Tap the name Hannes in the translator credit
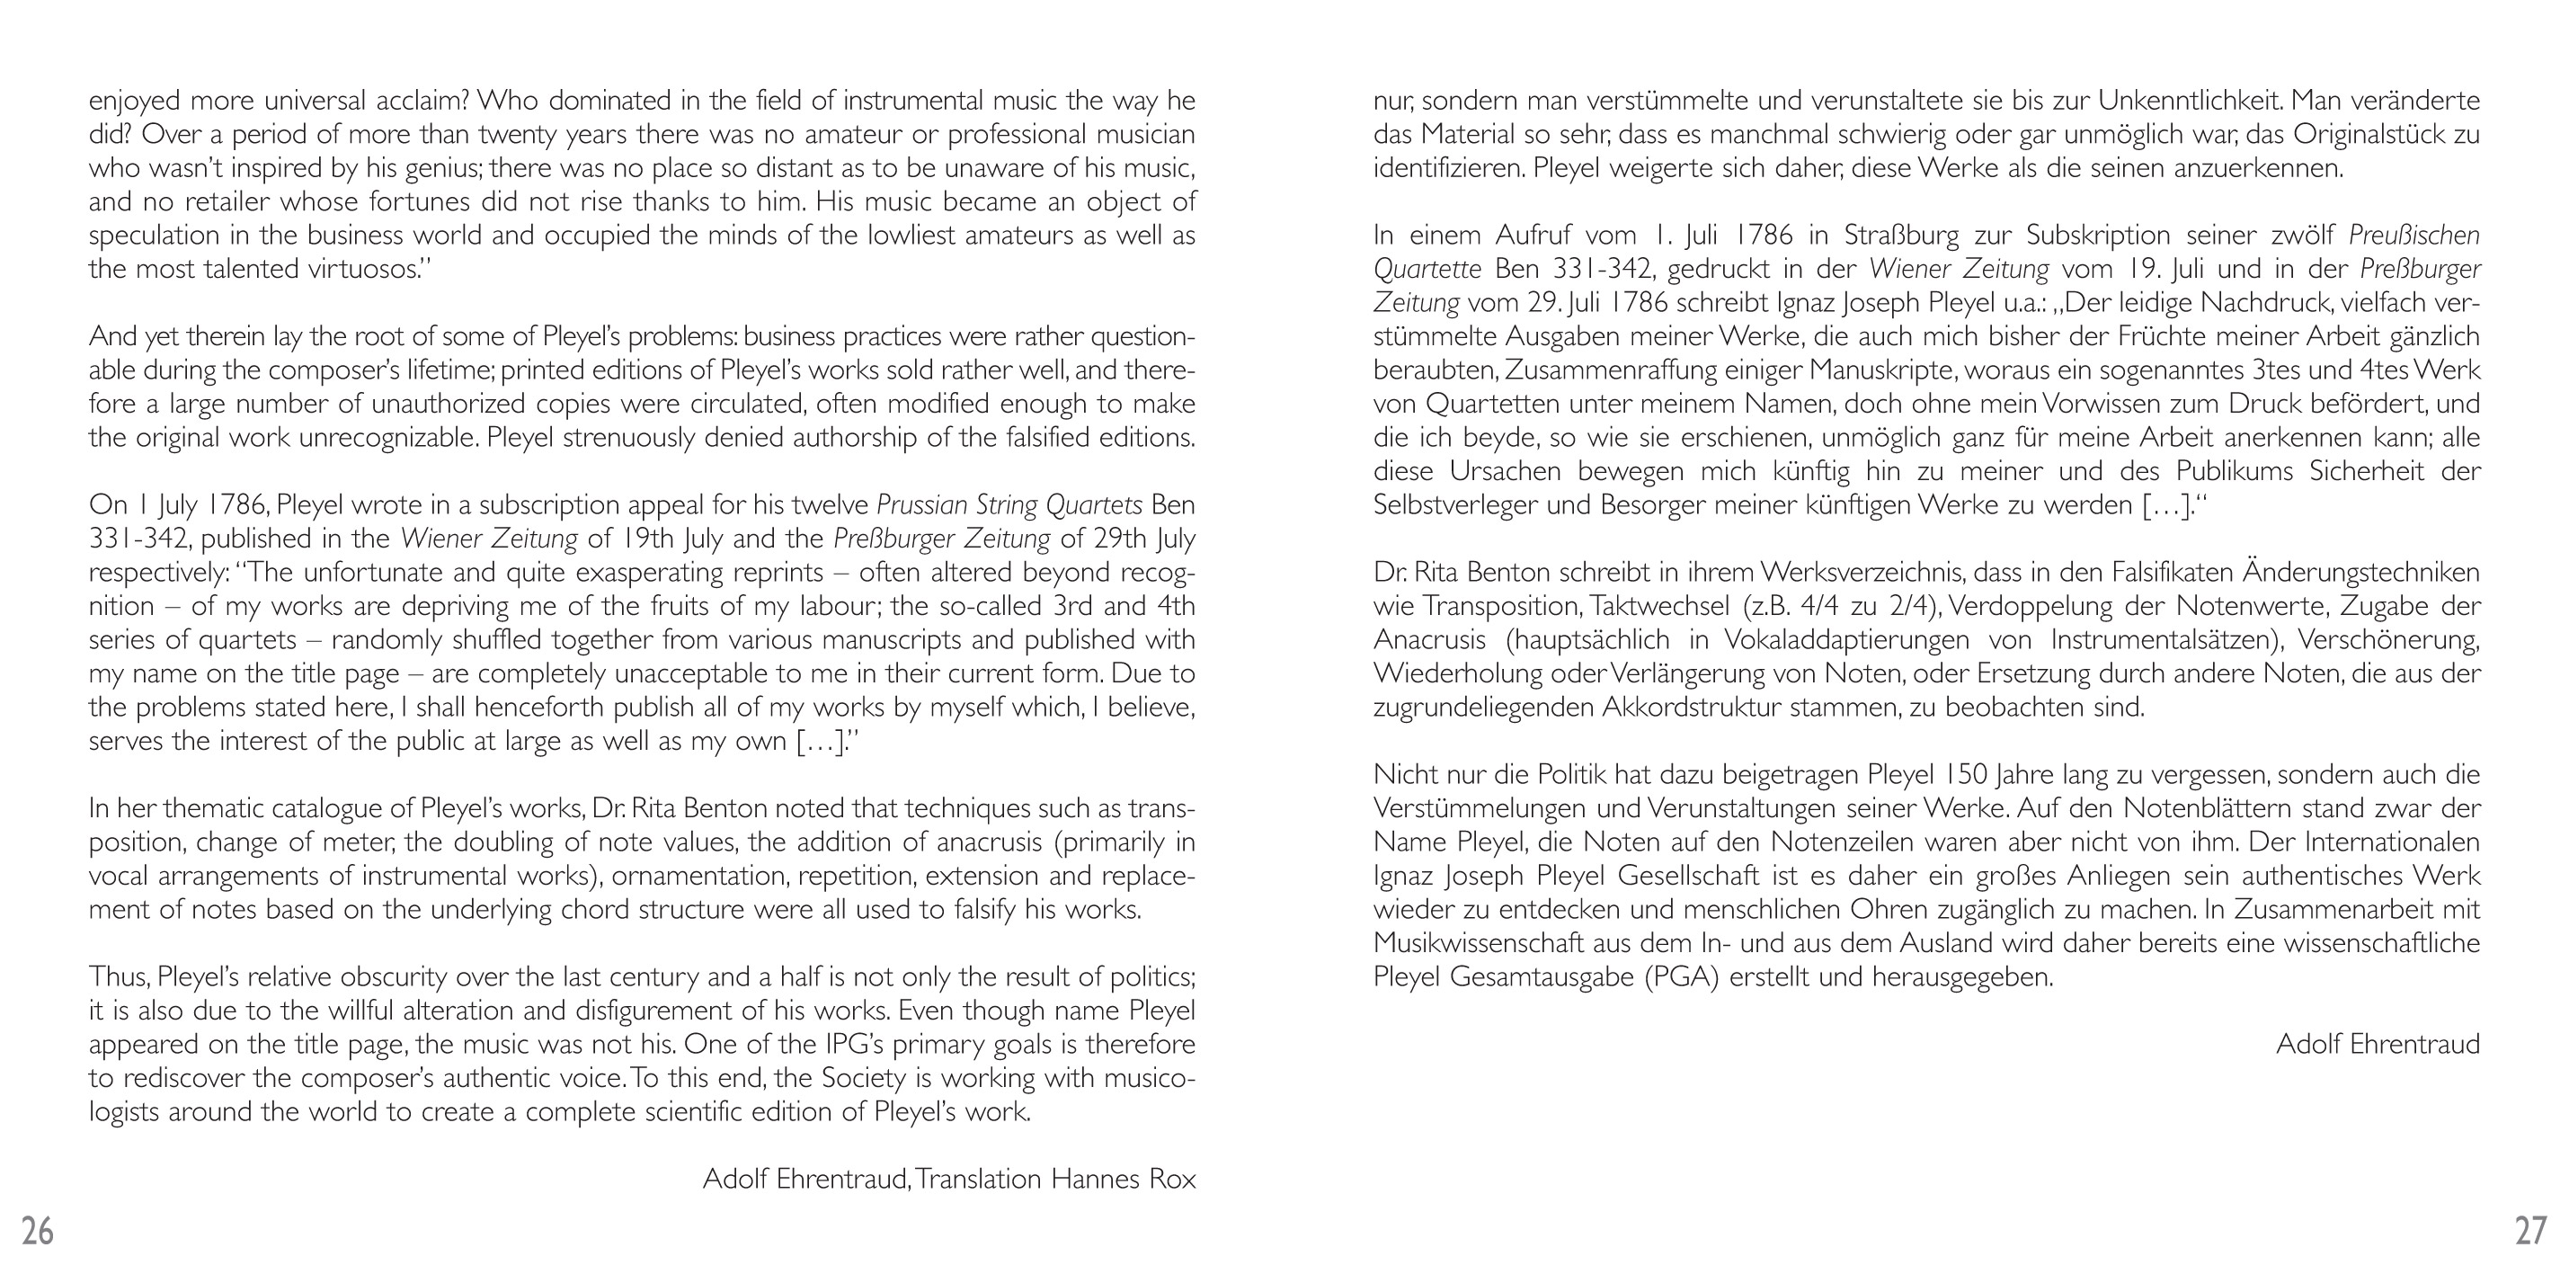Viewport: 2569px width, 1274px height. point(1095,1180)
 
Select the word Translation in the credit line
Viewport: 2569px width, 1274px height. point(978,1180)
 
